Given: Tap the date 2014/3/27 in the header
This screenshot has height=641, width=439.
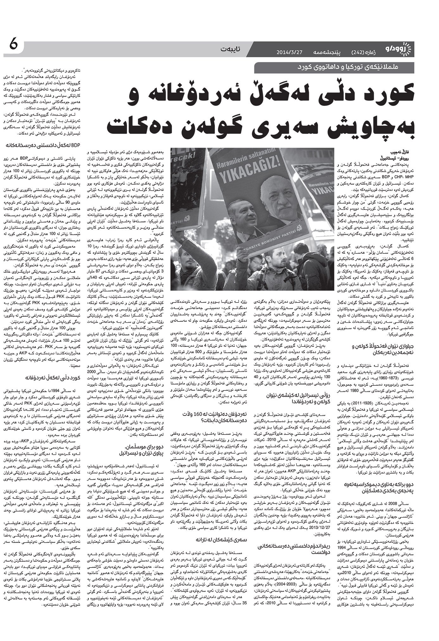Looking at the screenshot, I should point(290,51).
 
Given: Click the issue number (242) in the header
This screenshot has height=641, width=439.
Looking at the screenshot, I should point(358,51).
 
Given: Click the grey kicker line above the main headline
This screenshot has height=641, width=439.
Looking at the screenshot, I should point(336,67).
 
